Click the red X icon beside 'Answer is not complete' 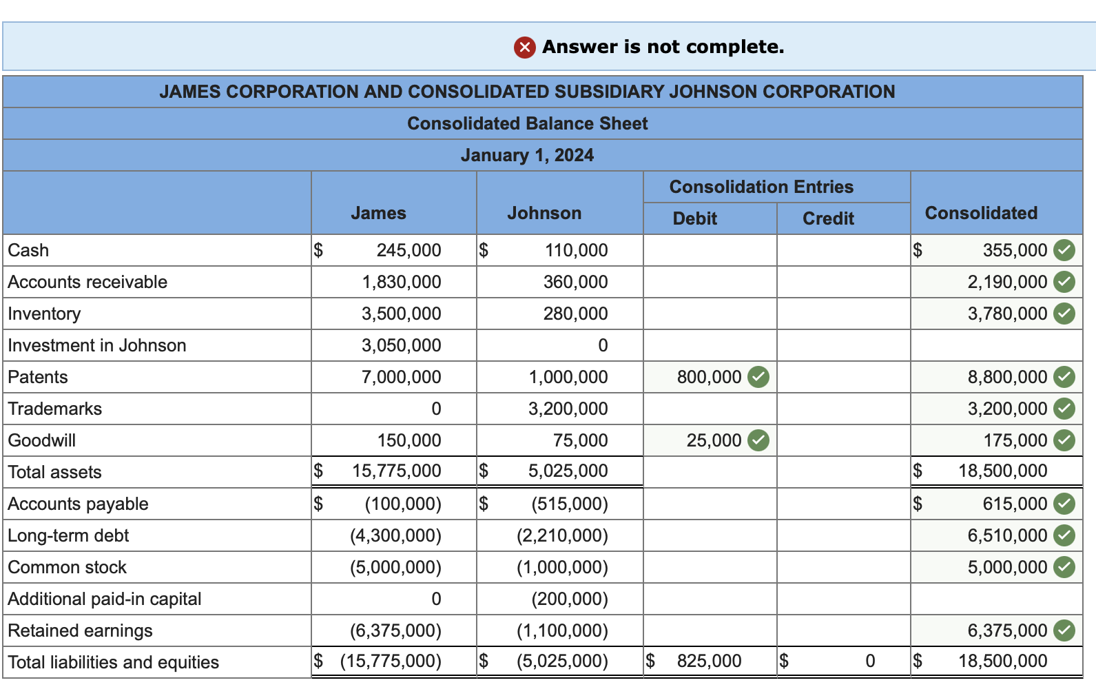[524, 48]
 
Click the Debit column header [694, 219]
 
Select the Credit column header [828, 219]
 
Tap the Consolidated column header [981, 214]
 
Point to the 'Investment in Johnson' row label [97, 346]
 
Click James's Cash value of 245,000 [409, 251]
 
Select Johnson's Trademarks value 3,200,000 [568, 409]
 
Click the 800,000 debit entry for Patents [709, 378]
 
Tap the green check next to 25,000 [758, 440]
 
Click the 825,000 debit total [709, 661]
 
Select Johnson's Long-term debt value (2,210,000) [562, 536]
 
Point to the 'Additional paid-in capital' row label [105, 599]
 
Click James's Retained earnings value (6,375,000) [395, 631]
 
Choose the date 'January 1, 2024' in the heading [527, 156]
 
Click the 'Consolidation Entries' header [761, 187]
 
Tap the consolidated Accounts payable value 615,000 [1015, 504]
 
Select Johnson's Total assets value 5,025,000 [568, 471]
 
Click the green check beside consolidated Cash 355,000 [1065, 251]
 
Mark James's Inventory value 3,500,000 [401, 314]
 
